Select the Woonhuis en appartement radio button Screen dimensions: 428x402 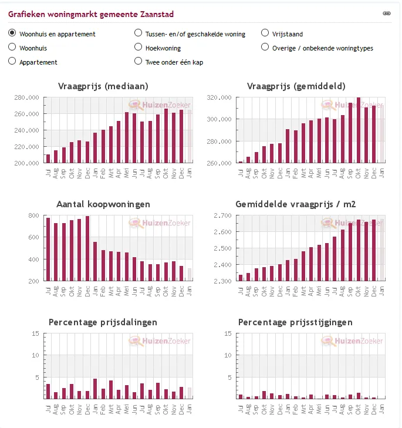(x=12, y=33)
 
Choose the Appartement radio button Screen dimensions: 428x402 (x=12, y=61)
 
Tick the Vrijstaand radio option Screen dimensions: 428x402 (x=265, y=33)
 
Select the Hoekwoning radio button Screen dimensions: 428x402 (x=138, y=47)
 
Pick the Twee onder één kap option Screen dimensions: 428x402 (x=138, y=61)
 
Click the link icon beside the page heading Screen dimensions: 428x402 (x=386, y=13)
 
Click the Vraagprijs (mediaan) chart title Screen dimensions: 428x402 (x=103, y=86)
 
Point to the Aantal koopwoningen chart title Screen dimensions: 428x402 (x=103, y=204)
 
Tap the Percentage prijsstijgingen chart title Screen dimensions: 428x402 (x=295, y=322)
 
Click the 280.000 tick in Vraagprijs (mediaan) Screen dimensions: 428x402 (x=26, y=97)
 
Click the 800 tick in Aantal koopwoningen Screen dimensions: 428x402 (x=33, y=215)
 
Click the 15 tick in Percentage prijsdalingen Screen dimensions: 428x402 (x=36, y=333)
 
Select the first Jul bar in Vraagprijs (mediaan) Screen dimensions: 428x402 (x=48, y=159)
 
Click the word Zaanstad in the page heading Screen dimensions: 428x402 (x=156, y=14)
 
